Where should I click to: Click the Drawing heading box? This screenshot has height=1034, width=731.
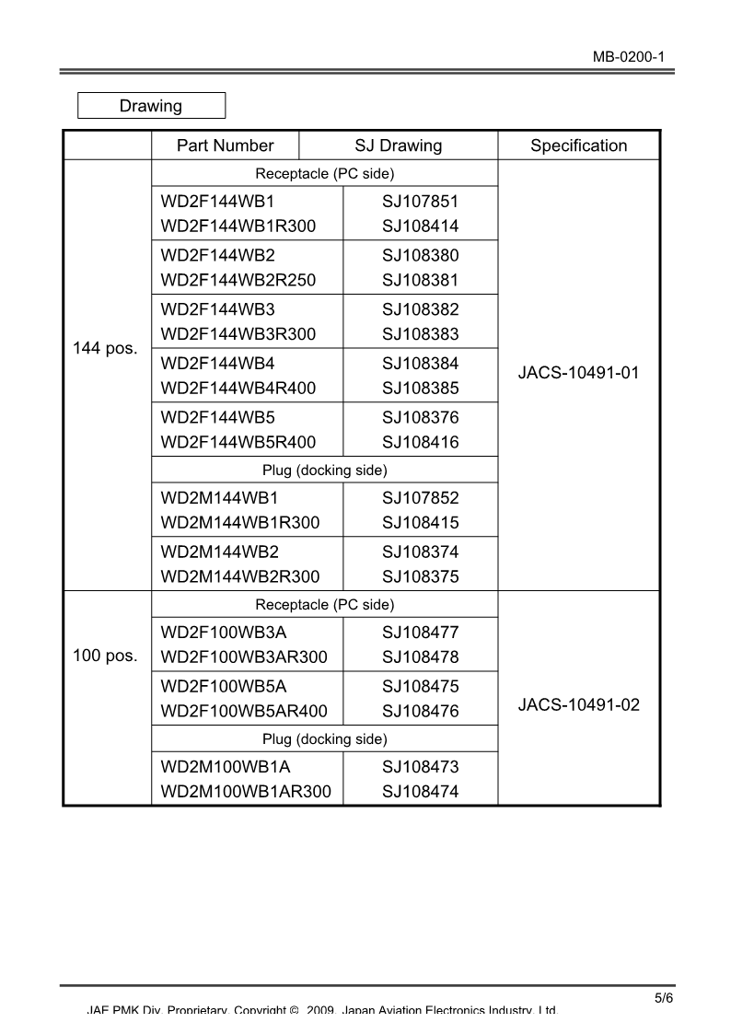pos(151,106)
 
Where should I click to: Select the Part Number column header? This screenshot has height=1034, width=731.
pos(226,145)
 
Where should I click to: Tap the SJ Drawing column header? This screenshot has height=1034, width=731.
pos(398,145)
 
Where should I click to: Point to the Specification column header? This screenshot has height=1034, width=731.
pos(578,145)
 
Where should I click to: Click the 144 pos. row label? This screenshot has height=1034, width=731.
pos(105,349)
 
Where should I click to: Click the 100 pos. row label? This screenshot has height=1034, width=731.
pos(105,656)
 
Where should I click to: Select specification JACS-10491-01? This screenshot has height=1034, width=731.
pos(578,373)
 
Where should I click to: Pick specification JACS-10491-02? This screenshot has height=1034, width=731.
pos(578,705)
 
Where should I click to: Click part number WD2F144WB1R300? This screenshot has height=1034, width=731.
pos(238,227)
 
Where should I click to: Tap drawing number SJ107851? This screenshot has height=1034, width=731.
pos(420,202)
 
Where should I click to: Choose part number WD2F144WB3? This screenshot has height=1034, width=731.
pos(217,309)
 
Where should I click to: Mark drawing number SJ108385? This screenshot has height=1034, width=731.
pos(420,389)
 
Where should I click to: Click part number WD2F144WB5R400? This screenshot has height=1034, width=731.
pos(238,442)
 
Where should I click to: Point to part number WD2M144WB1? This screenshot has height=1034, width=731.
pos(219,498)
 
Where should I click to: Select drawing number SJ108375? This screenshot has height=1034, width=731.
pos(420,577)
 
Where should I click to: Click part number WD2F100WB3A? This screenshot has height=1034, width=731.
pos(224,633)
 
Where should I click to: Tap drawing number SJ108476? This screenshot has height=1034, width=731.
pos(420,712)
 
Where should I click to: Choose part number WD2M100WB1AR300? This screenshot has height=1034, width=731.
pos(246,792)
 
